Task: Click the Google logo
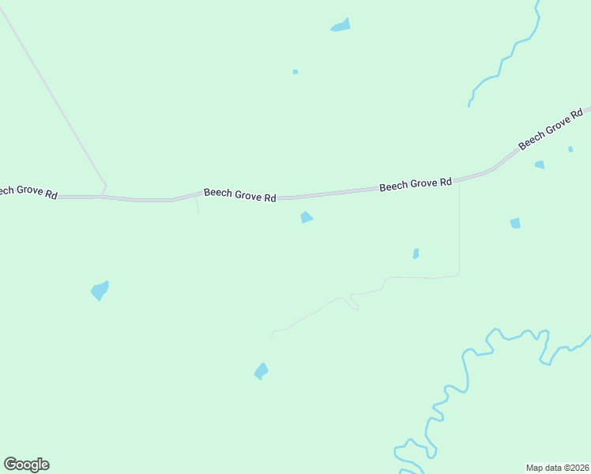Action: pyautogui.click(x=26, y=465)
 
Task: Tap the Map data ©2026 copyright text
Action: pyautogui.click(x=558, y=468)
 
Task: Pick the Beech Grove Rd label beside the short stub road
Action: pyautogui.click(x=239, y=194)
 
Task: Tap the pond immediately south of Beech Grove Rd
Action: pyautogui.click(x=307, y=217)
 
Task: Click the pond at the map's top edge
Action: pyautogui.click(x=341, y=25)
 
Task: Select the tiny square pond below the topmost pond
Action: pyautogui.click(x=295, y=72)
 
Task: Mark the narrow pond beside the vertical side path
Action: pyautogui.click(x=416, y=254)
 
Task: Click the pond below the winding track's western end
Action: pyautogui.click(x=261, y=371)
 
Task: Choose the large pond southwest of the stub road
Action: pyautogui.click(x=100, y=290)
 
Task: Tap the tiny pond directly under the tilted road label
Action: pyautogui.click(x=570, y=149)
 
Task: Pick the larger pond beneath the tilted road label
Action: pyautogui.click(x=540, y=164)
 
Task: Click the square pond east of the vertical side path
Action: pyautogui.click(x=515, y=224)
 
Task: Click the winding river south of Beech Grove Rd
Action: pyautogui.click(x=466, y=371)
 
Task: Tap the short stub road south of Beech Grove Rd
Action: pyautogui.click(x=198, y=205)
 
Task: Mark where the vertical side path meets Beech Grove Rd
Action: pyautogui.click(x=459, y=181)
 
